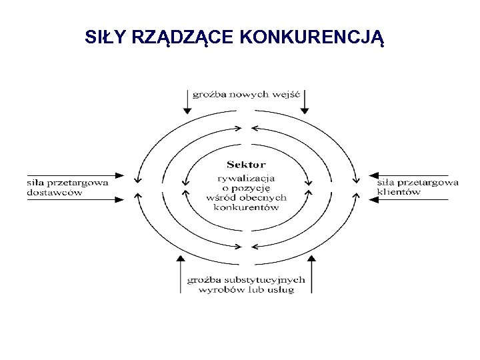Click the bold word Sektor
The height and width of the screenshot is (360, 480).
(246, 164)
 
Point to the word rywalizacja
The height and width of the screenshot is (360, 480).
(246, 177)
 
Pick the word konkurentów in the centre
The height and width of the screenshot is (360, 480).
(246, 207)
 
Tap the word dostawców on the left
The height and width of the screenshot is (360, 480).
(55, 193)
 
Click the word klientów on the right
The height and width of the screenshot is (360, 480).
(399, 193)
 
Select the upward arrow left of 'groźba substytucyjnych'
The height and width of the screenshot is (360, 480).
(180, 273)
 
